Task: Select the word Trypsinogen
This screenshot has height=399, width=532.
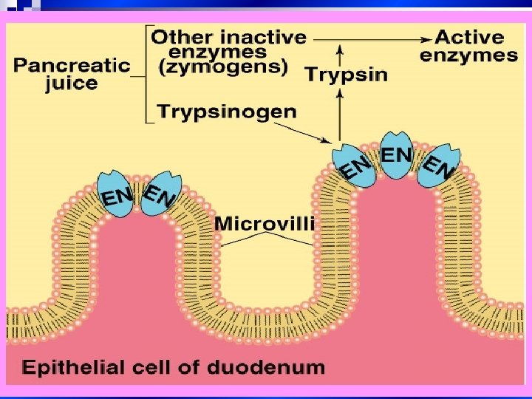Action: (x=227, y=112)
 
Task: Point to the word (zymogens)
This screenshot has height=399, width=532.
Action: (x=223, y=67)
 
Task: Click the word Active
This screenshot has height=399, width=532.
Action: (x=469, y=36)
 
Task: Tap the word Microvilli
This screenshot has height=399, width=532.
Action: (x=265, y=222)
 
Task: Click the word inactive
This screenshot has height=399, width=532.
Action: (x=259, y=36)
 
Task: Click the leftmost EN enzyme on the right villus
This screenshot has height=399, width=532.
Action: (x=353, y=167)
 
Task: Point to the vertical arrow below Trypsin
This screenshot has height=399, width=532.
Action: (x=340, y=111)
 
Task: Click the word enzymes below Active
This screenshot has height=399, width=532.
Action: (x=469, y=55)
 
